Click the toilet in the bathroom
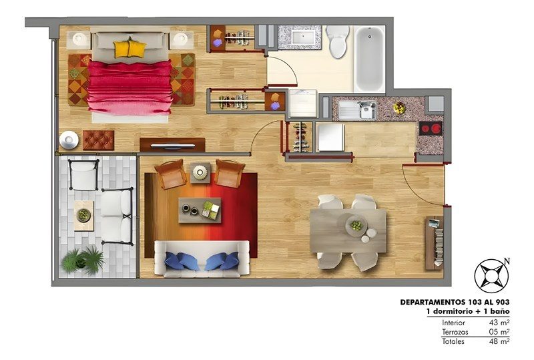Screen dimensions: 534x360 pyautogui.click(x=338, y=41)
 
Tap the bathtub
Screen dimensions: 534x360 pyautogui.click(x=370, y=59)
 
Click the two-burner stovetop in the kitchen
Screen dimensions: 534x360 pyautogui.click(x=431, y=128)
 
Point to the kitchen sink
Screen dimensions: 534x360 pyautogui.click(x=358, y=110)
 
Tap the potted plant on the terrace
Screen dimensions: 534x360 pyautogui.click(x=83, y=260)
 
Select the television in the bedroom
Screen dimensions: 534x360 pyautogui.click(x=173, y=146)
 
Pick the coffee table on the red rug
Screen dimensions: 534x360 pyautogui.click(x=200, y=210)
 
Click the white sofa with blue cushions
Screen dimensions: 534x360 pyautogui.click(x=202, y=258)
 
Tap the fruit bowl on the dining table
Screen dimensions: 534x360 pyautogui.click(x=356, y=225)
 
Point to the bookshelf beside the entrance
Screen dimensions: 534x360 pyautogui.click(x=435, y=242)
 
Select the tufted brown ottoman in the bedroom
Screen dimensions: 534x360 pyautogui.click(x=98, y=140)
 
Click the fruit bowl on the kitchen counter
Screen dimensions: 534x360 pyautogui.click(x=399, y=108)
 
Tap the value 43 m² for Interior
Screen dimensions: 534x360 pyautogui.click(x=499, y=323)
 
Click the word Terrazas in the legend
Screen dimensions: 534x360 pyautogui.click(x=455, y=332)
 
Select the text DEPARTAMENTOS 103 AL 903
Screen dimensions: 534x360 pyautogui.click(x=455, y=302)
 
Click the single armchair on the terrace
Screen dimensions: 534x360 pyautogui.click(x=84, y=174)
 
